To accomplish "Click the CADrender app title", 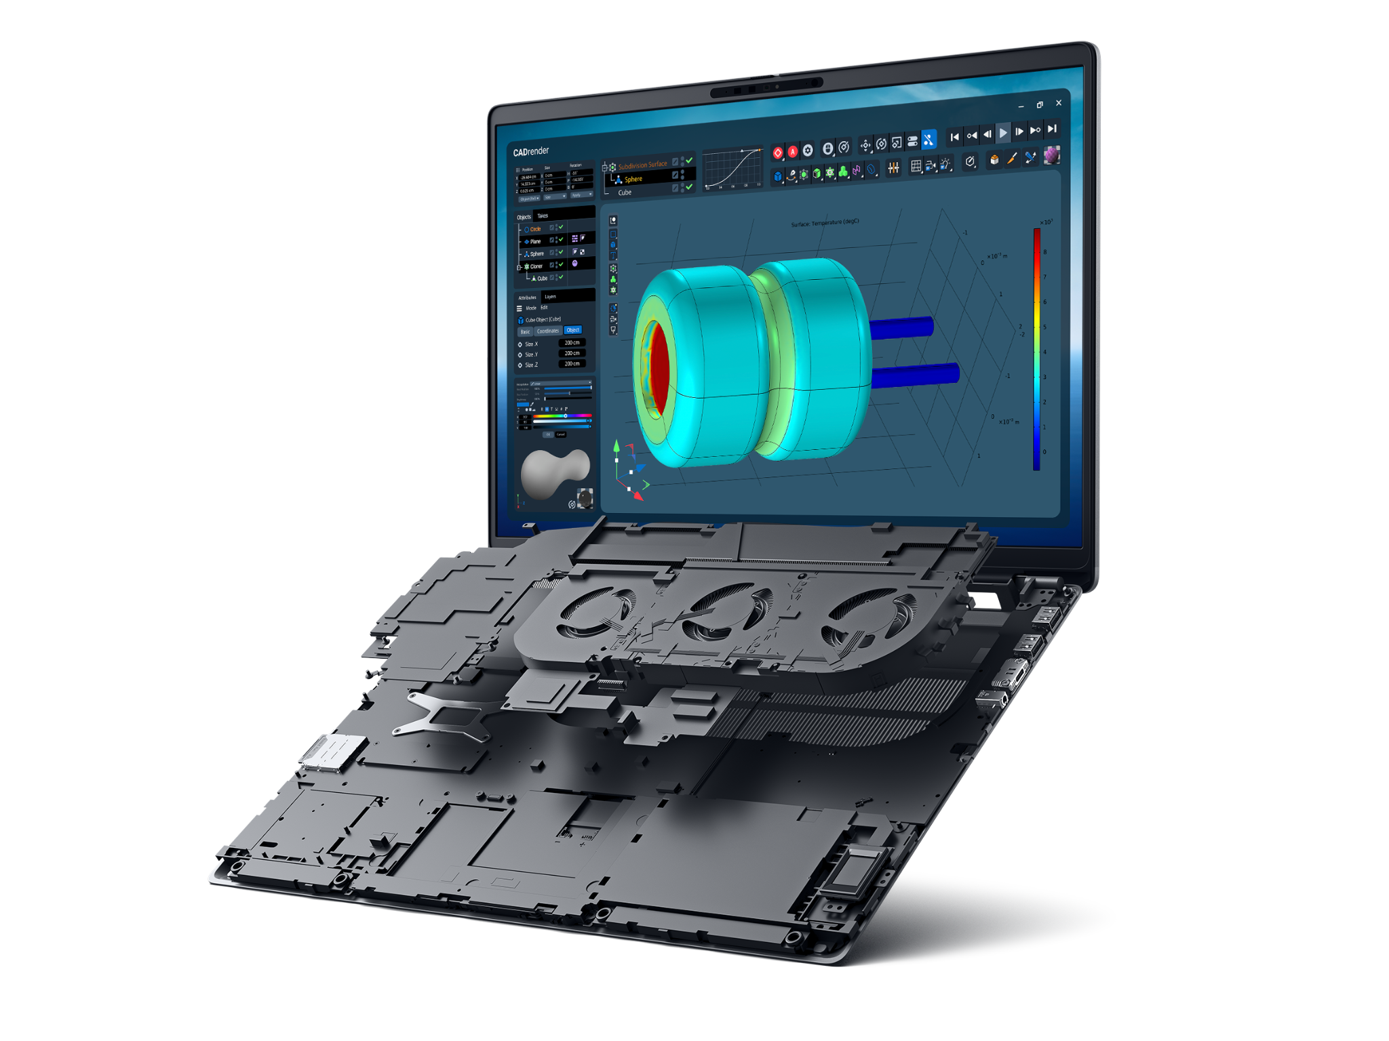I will coord(530,151).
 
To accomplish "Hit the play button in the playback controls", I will coord(1003,133).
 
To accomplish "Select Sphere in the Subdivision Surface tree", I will coord(633,180).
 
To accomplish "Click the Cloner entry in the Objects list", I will coord(536,266).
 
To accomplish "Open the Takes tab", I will coord(543,216).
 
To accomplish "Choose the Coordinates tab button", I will coord(547,331).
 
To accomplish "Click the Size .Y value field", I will coord(572,354).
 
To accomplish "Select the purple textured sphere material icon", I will coord(1051,156).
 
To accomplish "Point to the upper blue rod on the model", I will coord(902,328).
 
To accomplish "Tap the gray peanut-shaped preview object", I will coord(553,472).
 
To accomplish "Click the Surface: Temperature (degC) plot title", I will coord(825,222).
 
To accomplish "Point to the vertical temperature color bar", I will coord(1036,349).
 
